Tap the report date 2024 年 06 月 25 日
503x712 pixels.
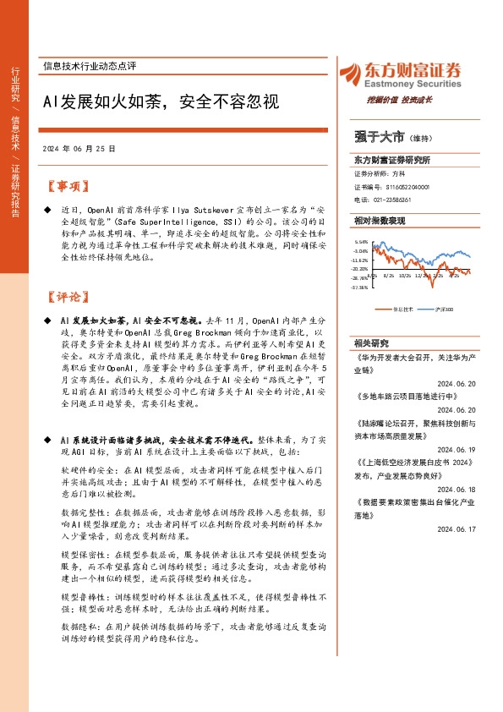(x=79, y=148)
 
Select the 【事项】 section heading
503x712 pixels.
(x=66, y=185)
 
